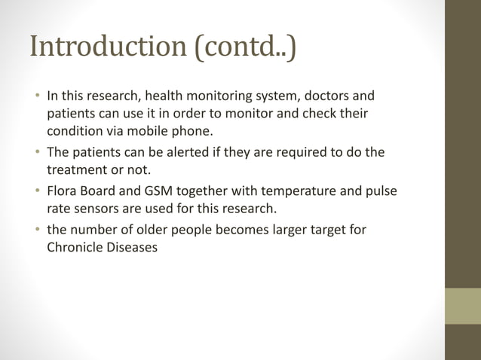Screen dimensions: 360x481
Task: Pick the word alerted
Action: click(x=167, y=152)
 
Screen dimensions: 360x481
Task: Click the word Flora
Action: click(x=63, y=191)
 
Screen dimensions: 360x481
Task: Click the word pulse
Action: click(x=381, y=191)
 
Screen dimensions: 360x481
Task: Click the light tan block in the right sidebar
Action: click(x=463, y=306)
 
